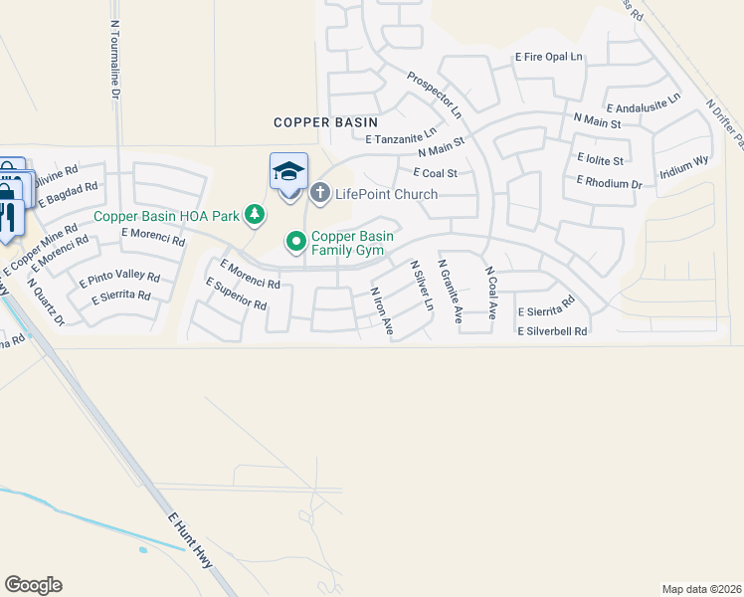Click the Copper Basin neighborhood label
[327, 122]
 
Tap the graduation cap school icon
[288, 171]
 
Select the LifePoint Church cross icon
[320, 193]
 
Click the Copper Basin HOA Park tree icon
[256, 214]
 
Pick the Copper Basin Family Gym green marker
[295, 241]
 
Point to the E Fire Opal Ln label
[548, 58]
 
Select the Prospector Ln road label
[435, 95]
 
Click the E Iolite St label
[600, 159]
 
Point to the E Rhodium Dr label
[609, 182]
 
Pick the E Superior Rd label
[236, 296]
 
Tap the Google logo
[33, 585]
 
